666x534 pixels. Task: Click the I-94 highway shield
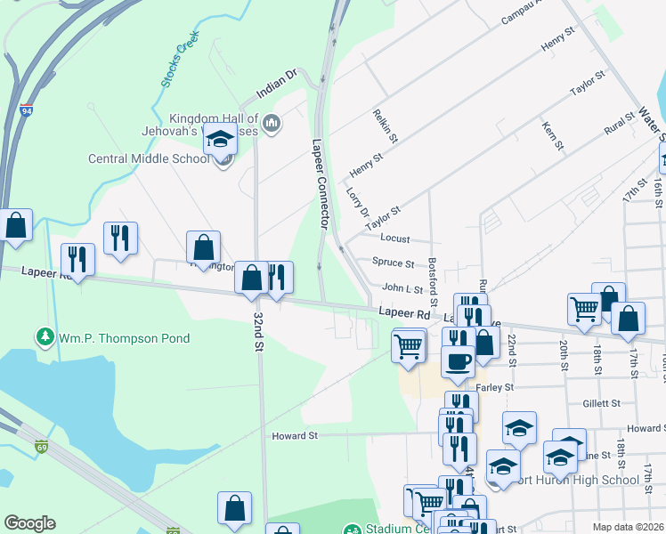click(x=27, y=112)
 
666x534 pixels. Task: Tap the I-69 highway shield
click(x=41, y=447)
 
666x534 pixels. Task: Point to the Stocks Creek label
click(x=179, y=61)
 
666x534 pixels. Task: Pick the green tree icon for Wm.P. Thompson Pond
click(x=44, y=337)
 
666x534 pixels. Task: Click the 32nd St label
click(x=259, y=331)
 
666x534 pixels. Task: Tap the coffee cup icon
click(x=458, y=361)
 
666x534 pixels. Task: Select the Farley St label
click(x=495, y=387)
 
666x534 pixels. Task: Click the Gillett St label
click(x=601, y=403)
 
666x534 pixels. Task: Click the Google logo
click(x=29, y=523)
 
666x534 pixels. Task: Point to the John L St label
click(x=402, y=288)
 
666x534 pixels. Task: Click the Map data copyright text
click(x=629, y=527)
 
